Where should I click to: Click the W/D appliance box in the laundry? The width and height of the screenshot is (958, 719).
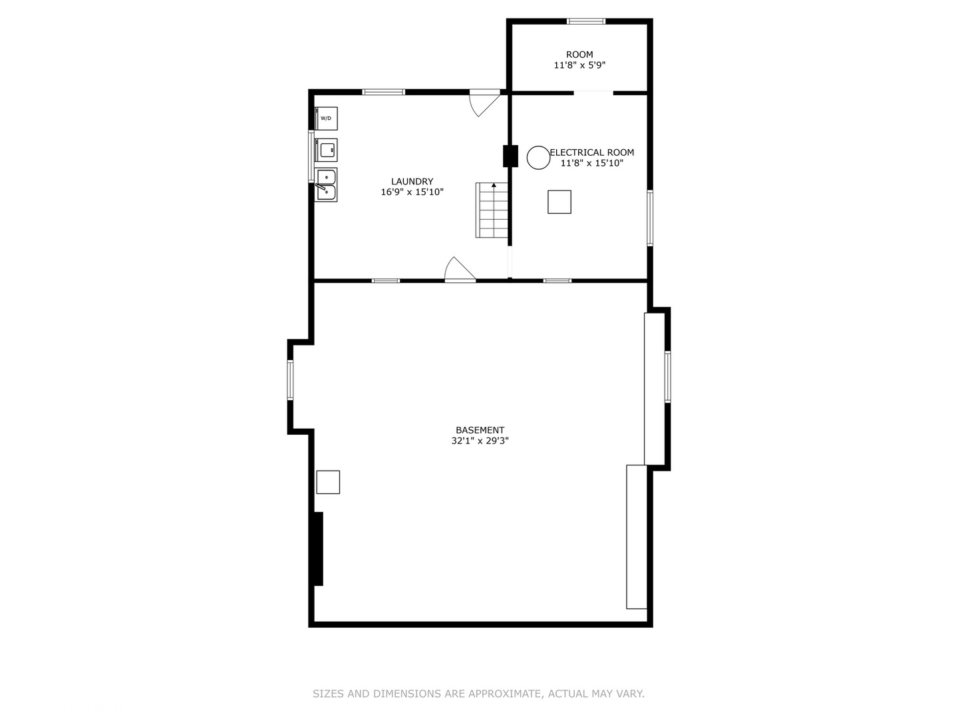tap(326, 119)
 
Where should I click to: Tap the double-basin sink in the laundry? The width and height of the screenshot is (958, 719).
tap(326, 184)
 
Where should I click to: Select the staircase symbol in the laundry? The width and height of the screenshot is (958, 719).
tap(492, 210)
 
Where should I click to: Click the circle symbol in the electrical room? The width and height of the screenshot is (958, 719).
tap(538, 157)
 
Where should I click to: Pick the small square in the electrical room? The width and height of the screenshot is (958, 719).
tap(559, 202)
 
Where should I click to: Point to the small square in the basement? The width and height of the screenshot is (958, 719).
tap(328, 482)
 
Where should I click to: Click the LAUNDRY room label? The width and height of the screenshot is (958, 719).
tap(412, 181)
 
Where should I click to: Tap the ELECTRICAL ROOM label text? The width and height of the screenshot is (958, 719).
tap(592, 152)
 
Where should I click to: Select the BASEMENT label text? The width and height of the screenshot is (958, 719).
tap(480, 430)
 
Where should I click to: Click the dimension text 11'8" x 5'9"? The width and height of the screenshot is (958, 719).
tap(579, 65)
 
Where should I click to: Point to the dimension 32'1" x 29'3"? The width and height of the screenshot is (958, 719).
tap(480, 441)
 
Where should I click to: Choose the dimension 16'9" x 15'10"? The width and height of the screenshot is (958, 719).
tap(412, 192)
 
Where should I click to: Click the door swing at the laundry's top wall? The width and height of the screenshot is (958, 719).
tap(484, 102)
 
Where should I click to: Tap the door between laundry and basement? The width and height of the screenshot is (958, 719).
tap(460, 270)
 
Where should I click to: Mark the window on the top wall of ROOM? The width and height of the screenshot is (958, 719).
tap(586, 21)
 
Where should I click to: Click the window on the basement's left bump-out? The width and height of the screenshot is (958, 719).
tap(290, 380)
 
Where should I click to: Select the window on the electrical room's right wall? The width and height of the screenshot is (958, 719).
tap(650, 218)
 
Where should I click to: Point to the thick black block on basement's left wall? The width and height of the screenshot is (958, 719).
tap(318, 549)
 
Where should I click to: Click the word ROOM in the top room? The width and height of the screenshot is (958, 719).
tap(579, 55)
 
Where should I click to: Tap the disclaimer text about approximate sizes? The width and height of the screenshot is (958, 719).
tap(478, 694)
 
